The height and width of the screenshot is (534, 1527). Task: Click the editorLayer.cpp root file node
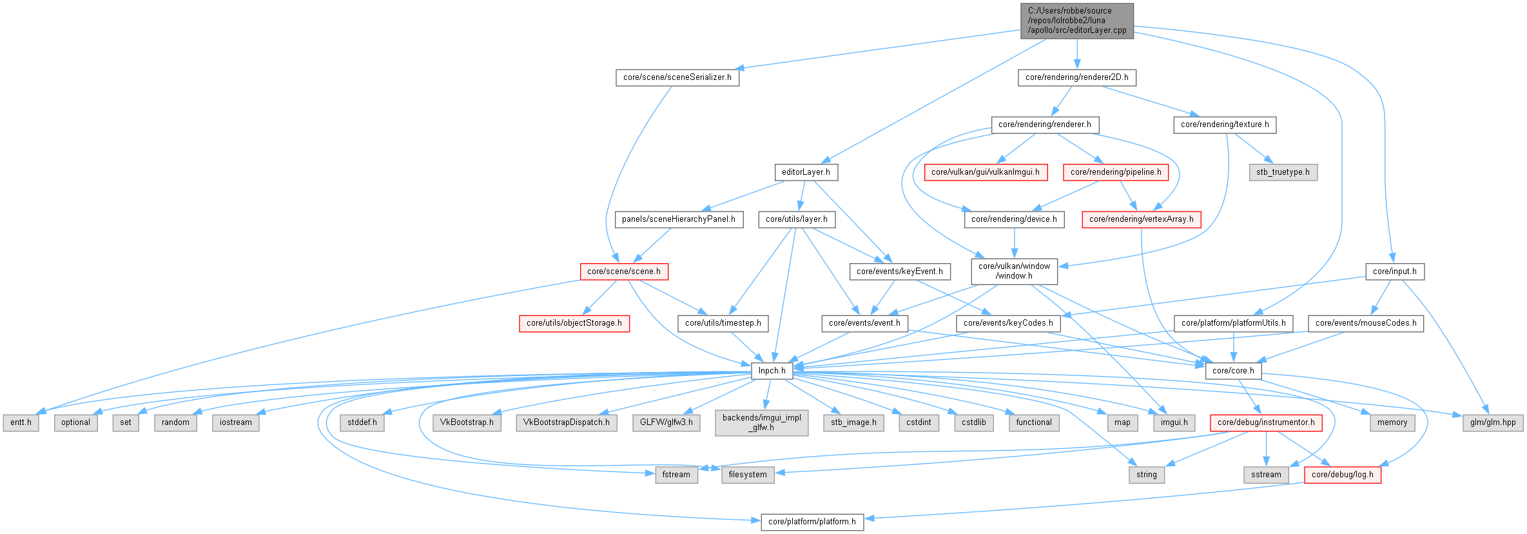point(1076,21)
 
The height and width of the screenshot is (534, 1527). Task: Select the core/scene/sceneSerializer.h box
point(677,77)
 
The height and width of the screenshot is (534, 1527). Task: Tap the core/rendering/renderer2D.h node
point(1076,77)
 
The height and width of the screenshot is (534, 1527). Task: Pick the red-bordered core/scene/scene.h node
point(623,272)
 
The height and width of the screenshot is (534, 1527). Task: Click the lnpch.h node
point(772,371)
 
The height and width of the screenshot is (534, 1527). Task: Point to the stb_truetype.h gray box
point(1283,172)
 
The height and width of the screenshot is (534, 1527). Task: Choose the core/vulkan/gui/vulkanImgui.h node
point(985,172)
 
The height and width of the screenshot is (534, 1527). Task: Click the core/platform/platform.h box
point(812,522)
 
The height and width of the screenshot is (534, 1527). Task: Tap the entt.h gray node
point(21,422)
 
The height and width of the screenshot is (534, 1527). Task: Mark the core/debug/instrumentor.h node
point(1266,422)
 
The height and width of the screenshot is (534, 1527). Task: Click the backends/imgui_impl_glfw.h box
point(761,422)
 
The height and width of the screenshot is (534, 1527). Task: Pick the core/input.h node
point(1394,272)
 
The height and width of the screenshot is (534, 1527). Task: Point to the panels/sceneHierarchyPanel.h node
point(678,219)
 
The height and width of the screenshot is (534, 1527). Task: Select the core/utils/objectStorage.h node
point(574,323)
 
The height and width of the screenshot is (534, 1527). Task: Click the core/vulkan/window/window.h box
point(1014,271)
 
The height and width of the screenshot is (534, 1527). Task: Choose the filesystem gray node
point(747,475)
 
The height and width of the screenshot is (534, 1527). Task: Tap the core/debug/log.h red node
point(1342,475)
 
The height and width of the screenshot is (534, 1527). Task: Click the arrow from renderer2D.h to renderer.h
point(1062,101)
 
